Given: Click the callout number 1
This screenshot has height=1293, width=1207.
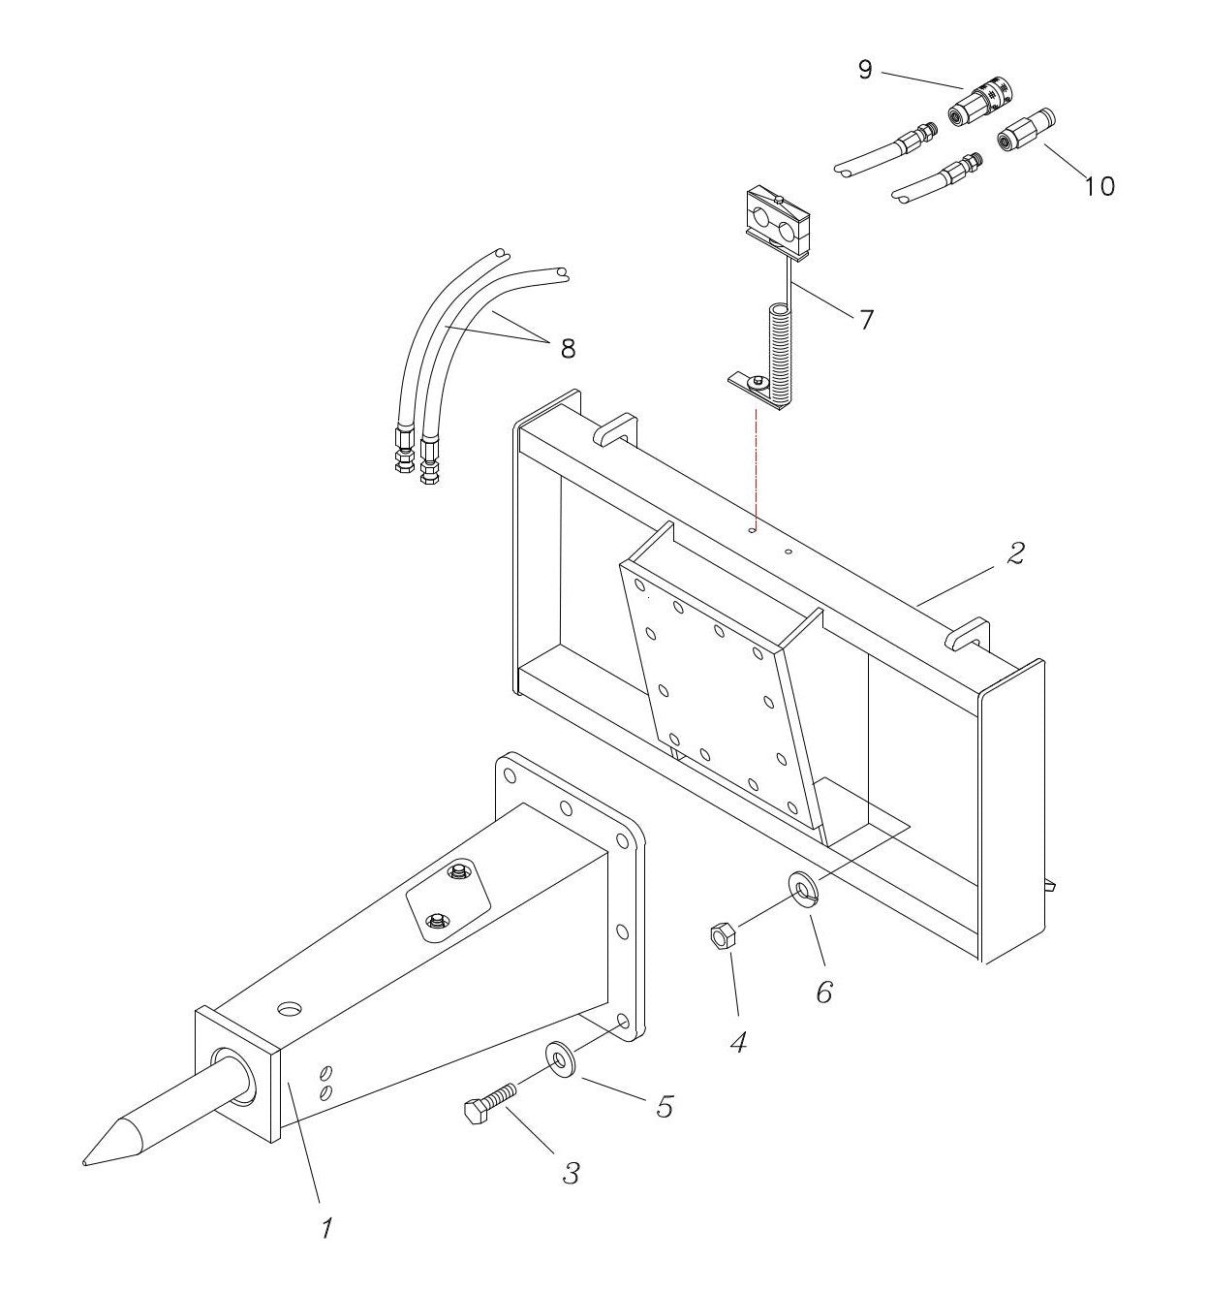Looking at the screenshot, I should point(326,1229).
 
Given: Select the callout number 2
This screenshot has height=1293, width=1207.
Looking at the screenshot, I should point(1014,553).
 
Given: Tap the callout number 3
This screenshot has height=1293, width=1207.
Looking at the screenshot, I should point(571,1173).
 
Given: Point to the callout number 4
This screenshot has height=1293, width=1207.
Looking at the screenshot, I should point(738,1042).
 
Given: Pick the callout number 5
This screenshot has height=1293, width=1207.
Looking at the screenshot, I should point(664,1106).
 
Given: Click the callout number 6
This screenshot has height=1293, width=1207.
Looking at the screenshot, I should point(823,992).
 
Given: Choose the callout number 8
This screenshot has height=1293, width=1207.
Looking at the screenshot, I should point(567,348).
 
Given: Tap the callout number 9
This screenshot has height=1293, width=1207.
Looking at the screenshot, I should point(865,69).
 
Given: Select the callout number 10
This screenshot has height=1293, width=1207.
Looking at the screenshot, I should point(1099,184).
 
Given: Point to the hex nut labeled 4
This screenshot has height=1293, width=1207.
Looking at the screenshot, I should point(722,935).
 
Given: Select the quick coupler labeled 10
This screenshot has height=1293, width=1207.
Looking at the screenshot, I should point(1025,130).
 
